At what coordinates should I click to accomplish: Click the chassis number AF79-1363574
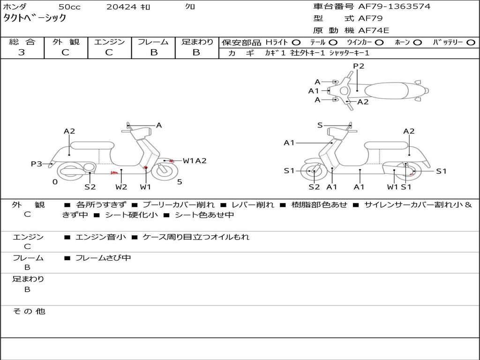tap(394, 7)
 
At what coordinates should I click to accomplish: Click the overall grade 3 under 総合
tap(22, 52)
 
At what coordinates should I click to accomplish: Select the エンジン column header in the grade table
tap(109, 42)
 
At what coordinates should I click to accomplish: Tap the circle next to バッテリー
tap(471, 43)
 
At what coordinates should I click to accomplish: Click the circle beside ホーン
tap(417, 43)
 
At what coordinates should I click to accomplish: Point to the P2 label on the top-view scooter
tap(359, 66)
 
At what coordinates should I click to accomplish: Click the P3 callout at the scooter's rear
tap(37, 164)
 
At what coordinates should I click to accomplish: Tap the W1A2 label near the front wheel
tap(195, 161)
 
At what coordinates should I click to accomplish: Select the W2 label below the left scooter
tap(121, 187)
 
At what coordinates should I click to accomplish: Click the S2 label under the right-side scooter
tap(314, 187)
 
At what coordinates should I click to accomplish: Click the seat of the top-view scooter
tap(386, 90)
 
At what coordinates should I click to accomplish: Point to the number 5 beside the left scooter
tap(180, 182)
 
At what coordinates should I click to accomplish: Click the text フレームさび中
tap(103, 258)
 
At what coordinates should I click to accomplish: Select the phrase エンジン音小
tap(101, 237)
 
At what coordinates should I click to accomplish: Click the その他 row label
tap(29, 311)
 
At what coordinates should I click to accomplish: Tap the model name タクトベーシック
tap(35, 18)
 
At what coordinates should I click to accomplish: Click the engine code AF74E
tap(374, 30)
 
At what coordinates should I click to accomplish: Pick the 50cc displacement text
tap(69, 7)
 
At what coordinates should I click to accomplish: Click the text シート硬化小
tap(132, 215)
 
